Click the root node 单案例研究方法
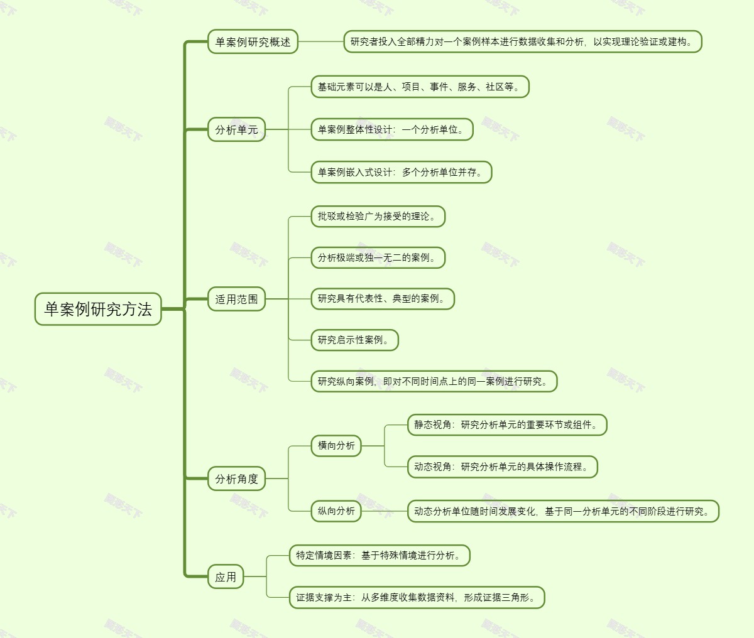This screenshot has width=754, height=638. pos(98,309)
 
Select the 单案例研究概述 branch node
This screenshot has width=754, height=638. pos(253,42)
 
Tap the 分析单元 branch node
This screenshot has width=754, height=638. pos(236,130)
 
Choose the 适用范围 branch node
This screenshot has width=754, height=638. pos(236,300)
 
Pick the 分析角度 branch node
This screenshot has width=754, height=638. pos(236,479)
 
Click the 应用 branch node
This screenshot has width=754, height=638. pos(226,577)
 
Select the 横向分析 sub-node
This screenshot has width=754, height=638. pos(336,446)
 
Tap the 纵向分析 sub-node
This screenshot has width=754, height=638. pos(336,511)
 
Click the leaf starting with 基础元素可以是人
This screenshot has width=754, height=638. pos(420,87)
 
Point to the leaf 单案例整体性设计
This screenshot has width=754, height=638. pos(391,130)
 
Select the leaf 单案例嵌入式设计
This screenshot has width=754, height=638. pos(401,172)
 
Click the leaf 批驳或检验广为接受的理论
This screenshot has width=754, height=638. pos(378,216)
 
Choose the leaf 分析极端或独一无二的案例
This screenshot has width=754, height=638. pos(378,257)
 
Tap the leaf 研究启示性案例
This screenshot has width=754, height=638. pos(354,340)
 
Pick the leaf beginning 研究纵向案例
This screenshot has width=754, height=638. pos(434,381)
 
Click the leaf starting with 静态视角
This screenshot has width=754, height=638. pos(506,425)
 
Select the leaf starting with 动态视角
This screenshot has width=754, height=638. pos(501,467)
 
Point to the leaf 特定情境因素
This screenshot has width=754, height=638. pos(380,556)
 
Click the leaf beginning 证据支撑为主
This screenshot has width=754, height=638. pos(417,598)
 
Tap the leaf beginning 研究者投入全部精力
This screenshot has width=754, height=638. pos(522,42)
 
